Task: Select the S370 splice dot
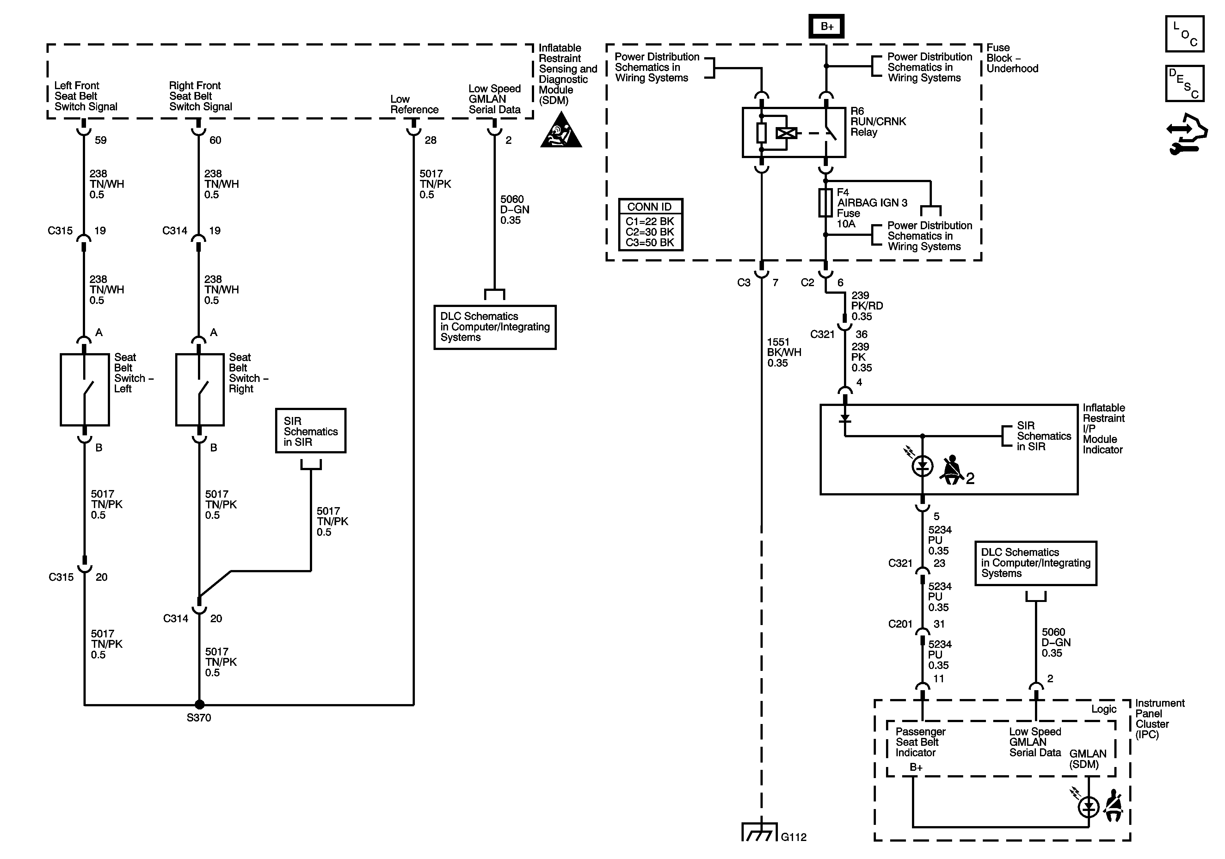pos(199,705)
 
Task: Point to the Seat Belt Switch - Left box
pos(85,390)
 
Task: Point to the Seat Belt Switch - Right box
pos(200,390)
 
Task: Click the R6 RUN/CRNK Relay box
pos(794,132)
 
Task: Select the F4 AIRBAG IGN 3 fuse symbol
pos(825,203)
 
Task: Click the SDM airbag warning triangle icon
pos(560,131)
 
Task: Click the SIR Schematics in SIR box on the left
pos(311,431)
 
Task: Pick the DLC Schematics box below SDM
pos(495,327)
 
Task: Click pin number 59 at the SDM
pos(100,140)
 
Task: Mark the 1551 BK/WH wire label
pos(784,352)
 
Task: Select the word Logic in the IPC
pos(1103,709)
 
